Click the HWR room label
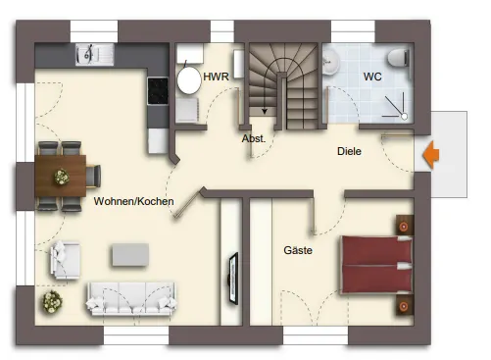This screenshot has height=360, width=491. pos(216,77)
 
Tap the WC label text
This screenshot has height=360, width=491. pos(372,77)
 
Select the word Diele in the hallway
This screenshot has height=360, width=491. pos(349,151)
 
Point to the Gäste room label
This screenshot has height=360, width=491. pos(298,250)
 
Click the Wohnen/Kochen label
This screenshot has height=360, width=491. pos(133,201)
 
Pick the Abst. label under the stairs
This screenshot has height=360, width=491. pos(254,138)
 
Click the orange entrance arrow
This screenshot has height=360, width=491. pos(431,155)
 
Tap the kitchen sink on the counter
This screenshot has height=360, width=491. pos(95,55)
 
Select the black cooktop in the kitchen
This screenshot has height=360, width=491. pos(158,91)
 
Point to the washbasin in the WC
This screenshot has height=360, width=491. pos(330,62)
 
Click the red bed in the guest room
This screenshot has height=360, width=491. pos(377,265)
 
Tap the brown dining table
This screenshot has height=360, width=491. pos(61,176)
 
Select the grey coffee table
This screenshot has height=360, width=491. pos(130,254)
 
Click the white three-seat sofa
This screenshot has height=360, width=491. pos(131,299)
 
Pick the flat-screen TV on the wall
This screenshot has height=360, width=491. pos(233,279)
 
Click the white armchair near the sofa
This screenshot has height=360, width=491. pos(66,260)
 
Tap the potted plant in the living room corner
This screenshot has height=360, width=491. pos(52,301)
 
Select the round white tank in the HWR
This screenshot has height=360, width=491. pos(189,80)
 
